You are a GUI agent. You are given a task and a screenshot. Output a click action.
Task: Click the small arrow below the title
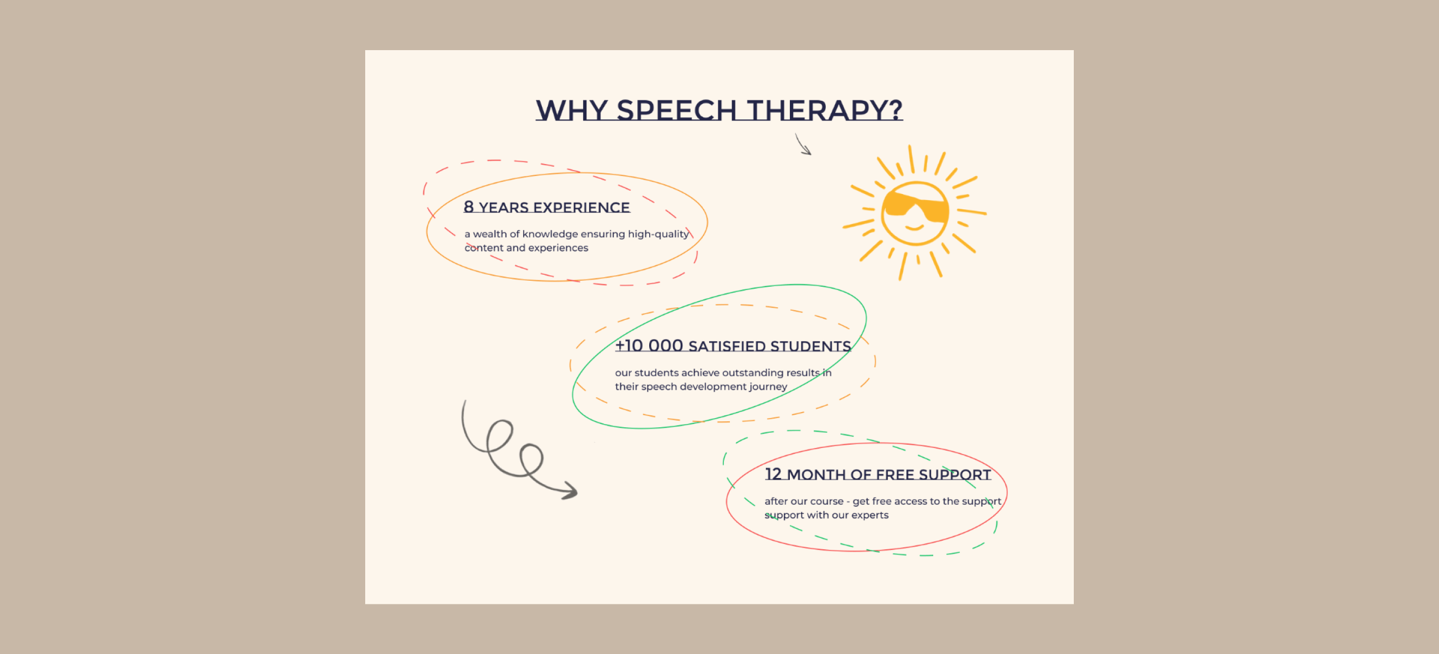coord(803,144)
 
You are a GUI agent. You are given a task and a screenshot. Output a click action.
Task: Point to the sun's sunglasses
coord(916,207)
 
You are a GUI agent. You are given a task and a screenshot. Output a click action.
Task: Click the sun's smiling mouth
coord(915,227)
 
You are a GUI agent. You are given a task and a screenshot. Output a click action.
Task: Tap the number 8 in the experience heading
coord(469,207)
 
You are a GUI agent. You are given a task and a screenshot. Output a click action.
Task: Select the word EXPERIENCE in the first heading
coord(582,207)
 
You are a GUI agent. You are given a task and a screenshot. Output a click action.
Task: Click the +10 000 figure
coord(649,346)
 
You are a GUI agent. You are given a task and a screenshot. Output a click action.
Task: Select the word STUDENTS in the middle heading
coord(811,346)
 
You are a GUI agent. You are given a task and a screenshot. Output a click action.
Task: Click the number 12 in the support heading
coord(773,474)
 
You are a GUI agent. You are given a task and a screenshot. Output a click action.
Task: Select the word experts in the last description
coord(870,515)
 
